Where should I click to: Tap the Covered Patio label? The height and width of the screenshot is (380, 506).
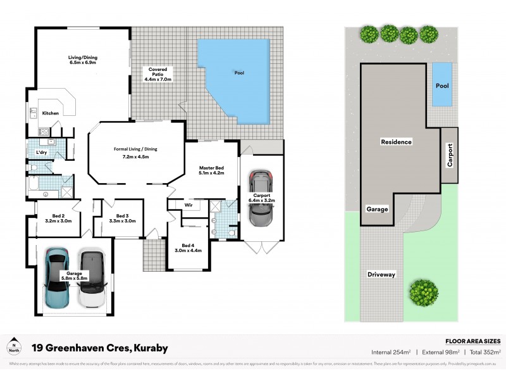[158, 73]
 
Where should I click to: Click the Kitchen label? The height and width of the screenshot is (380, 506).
[51, 113]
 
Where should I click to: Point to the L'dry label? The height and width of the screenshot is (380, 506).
[42, 153]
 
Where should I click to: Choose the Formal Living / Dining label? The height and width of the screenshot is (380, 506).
[135, 152]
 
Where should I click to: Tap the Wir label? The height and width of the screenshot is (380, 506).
[188, 205]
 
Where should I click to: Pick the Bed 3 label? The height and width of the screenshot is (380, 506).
[118, 218]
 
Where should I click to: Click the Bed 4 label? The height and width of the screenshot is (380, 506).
[187, 248]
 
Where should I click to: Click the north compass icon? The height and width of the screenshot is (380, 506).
[14, 348]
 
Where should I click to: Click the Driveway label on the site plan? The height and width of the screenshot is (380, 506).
[381, 274]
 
